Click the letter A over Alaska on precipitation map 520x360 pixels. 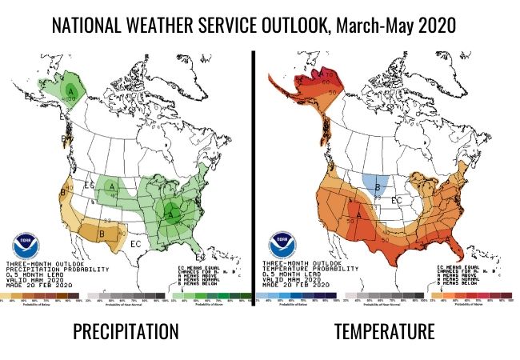point(71,92)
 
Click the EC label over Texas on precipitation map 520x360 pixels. point(136,241)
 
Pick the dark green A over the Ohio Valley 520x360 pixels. point(171,212)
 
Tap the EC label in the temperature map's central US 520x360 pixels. point(397,199)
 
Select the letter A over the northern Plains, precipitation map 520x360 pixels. point(113,187)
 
